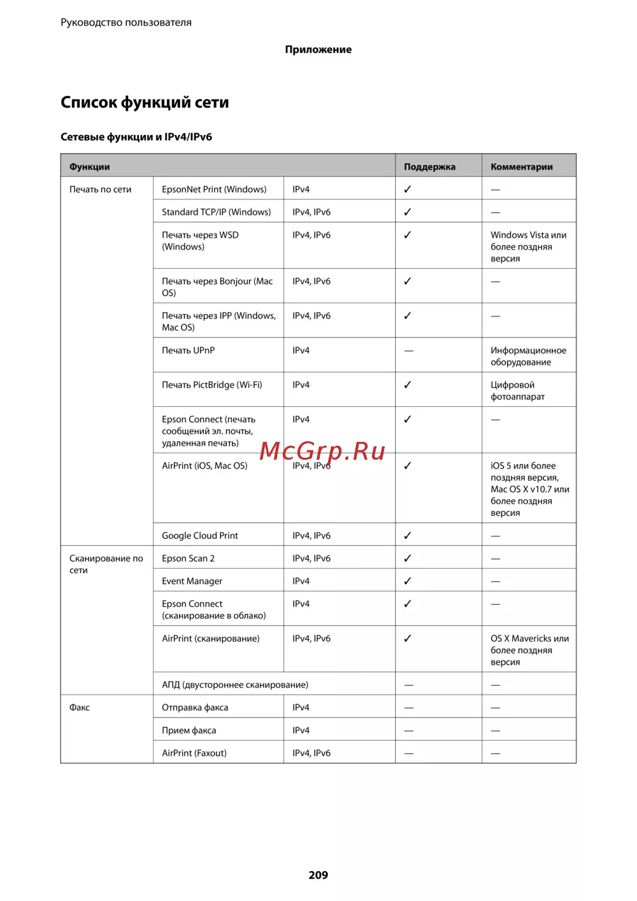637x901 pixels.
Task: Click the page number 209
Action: pos(318,875)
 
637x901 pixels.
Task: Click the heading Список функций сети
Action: pos(145,103)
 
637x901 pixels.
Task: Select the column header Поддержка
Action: pos(429,167)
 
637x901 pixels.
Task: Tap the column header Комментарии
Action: pos(521,167)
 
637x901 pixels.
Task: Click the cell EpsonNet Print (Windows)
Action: pos(214,189)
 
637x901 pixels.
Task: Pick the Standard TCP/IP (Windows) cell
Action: pos(216,212)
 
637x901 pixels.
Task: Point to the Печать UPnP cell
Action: pos(188,350)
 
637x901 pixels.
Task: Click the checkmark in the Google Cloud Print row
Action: pos(408,536)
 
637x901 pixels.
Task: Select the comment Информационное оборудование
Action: pos(528,356)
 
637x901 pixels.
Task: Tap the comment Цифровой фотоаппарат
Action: pos(517,390)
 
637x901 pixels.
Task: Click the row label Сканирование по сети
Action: pos(106,564)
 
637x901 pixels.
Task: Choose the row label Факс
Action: pos(80,707)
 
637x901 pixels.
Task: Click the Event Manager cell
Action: pos(192,581)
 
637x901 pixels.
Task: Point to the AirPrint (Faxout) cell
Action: pos(194,753)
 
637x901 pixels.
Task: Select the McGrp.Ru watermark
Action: pos(322,451)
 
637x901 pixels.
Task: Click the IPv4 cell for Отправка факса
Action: pos(301,707)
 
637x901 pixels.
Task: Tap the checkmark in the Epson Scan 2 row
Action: pos(408,558)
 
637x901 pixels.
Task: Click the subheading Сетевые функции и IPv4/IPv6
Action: pos(136,137)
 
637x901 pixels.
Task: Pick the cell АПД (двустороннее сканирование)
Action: pos(234,685)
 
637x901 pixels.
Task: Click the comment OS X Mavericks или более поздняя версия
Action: pos(529,650)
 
